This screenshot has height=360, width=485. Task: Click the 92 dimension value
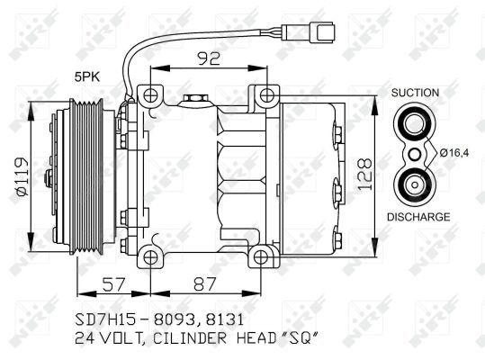[209, 58]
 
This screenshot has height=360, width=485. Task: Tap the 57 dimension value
[114, 284]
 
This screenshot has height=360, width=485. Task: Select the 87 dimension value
[204, 284]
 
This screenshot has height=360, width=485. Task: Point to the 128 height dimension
[364, 174]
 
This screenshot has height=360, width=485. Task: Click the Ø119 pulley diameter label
[23, 176]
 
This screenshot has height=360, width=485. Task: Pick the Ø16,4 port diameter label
[454, 152]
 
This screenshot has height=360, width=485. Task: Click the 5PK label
[87, 77]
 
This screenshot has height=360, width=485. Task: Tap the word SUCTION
[415, 93]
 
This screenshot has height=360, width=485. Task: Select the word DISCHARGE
[418, 217]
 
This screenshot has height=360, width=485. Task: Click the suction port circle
[415, 123]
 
